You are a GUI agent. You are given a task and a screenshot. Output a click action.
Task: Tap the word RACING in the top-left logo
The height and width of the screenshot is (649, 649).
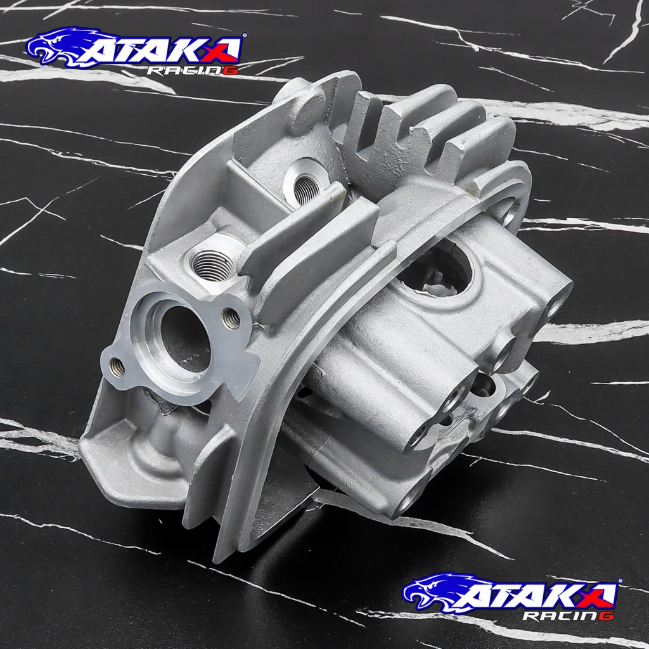(193, 70)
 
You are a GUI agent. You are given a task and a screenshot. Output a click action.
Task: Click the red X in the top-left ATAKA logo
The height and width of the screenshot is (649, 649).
(224, 49)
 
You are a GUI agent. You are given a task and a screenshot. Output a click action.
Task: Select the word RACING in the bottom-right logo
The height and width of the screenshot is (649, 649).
(569, 615)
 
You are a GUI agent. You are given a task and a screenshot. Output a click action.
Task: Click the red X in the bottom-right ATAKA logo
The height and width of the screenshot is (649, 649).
(600, 594)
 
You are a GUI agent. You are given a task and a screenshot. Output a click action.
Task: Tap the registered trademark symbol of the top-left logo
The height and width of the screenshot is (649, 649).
(245, 35)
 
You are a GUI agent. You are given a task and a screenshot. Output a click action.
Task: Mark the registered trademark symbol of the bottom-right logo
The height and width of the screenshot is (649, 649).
(620, 581)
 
